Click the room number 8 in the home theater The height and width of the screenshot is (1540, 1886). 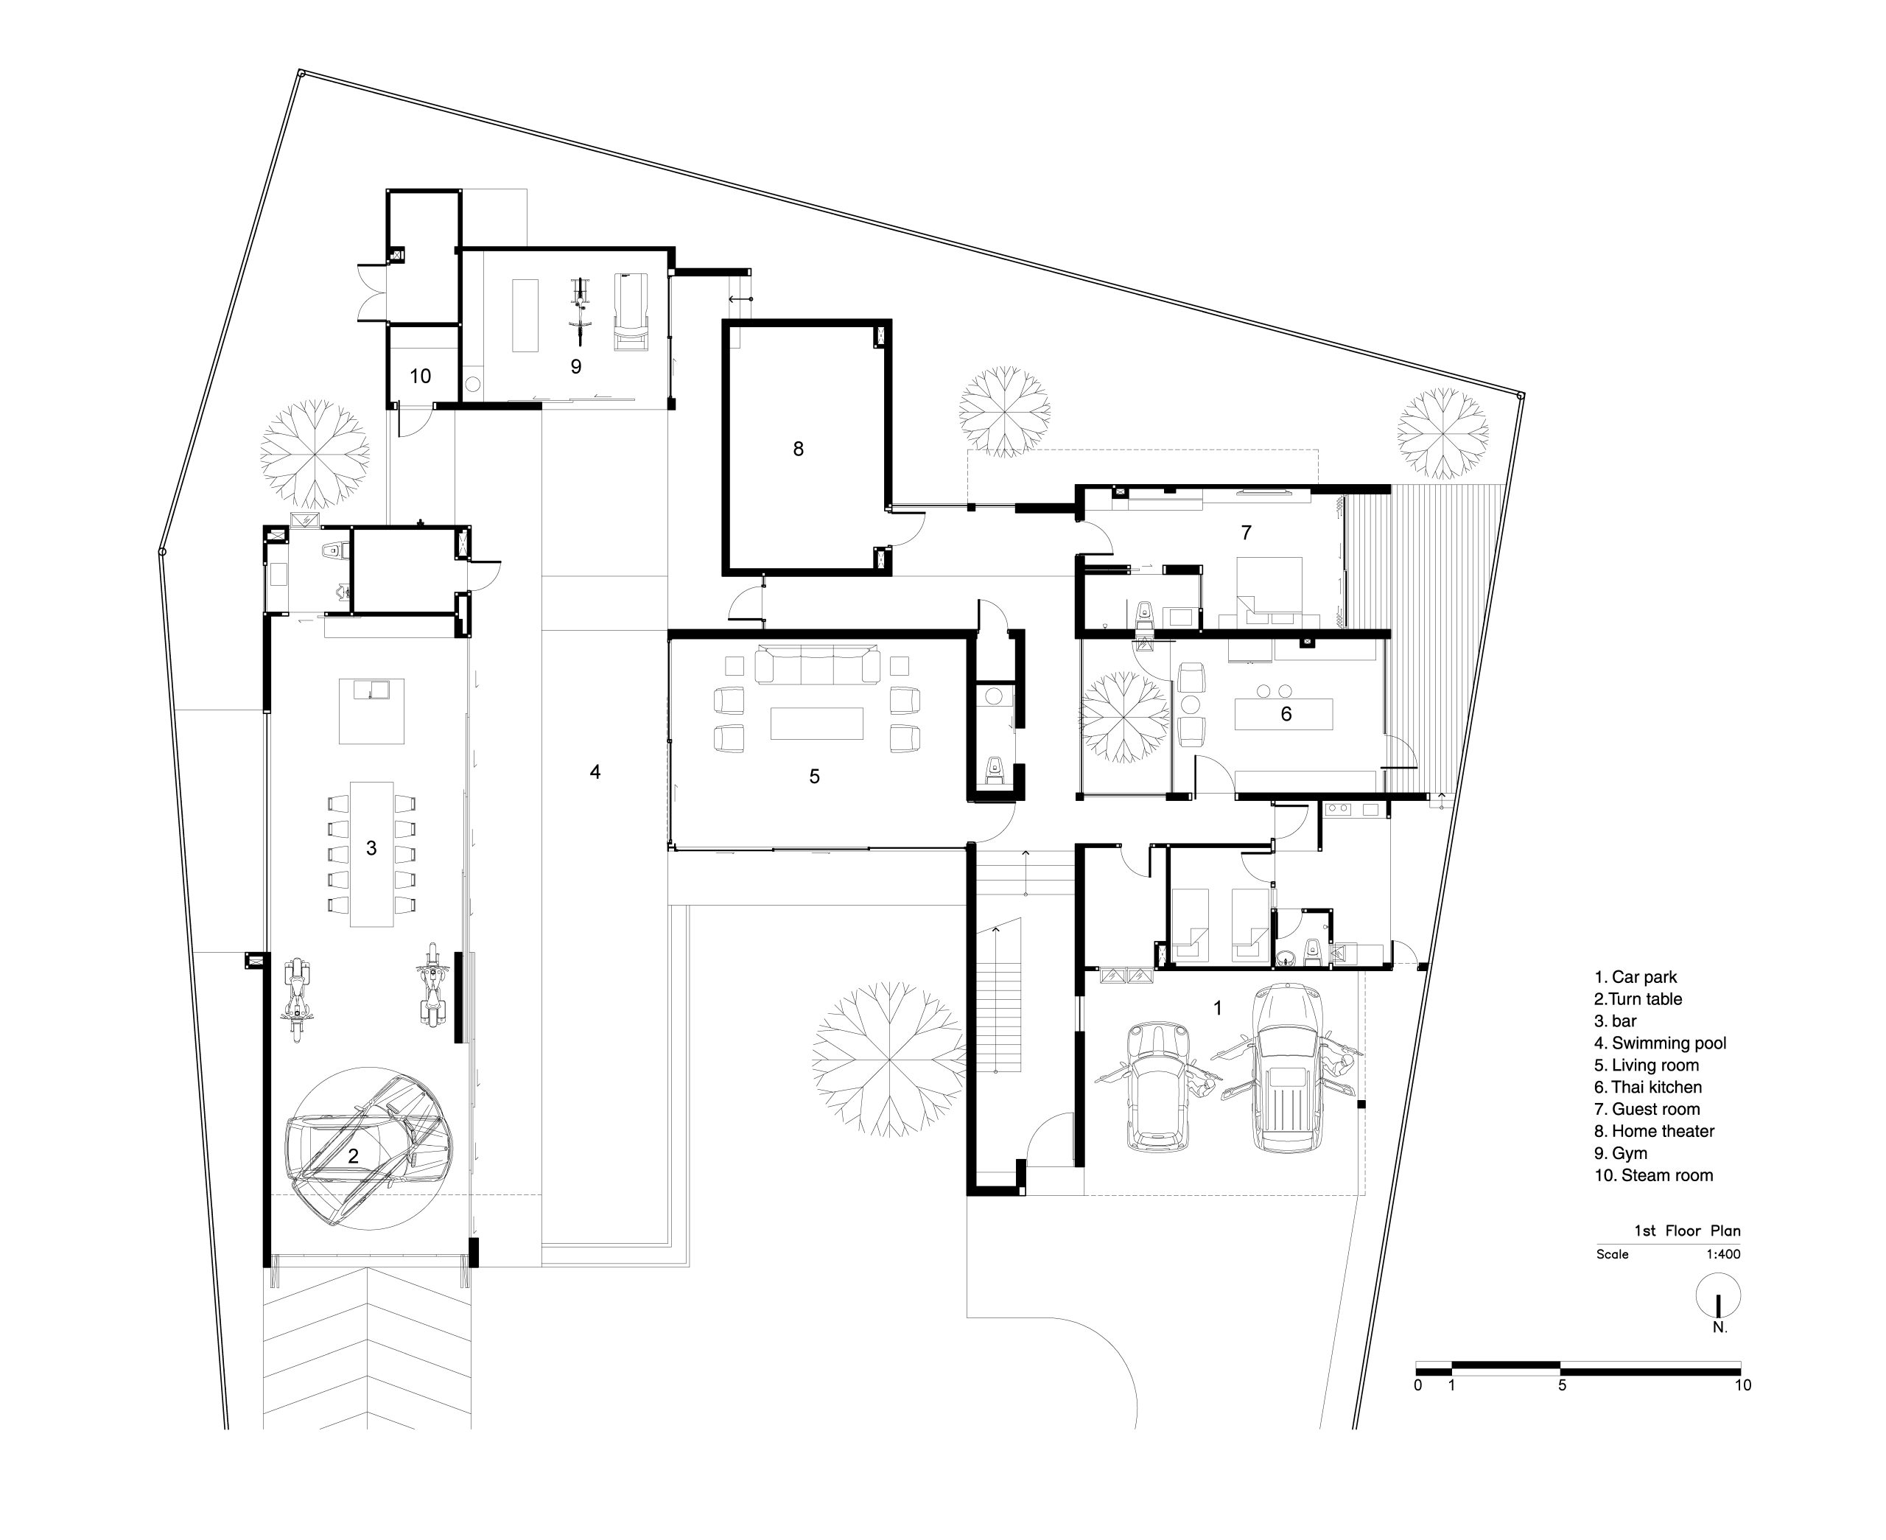(798, 449)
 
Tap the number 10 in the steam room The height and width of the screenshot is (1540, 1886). (420, 376)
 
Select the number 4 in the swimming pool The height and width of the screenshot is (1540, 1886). (595, 771)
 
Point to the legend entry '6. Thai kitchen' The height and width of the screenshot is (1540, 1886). (1647, 1088)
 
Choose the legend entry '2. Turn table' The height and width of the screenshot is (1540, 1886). (1638, 999)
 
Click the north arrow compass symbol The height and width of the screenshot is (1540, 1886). (1719, 1296)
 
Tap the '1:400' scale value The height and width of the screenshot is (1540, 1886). (1723, 1254)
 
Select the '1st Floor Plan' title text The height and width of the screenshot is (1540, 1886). (1687, 1231)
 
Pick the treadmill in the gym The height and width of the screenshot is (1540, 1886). (631, 312)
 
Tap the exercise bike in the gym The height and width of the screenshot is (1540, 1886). (580, 310)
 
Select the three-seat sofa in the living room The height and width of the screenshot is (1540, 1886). (818, 665)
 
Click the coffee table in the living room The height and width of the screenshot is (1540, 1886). (816, 723)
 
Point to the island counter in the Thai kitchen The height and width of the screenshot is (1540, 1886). (1284, 713)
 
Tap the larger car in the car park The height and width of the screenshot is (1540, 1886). (1286, 1068)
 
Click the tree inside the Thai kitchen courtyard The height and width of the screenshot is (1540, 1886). (1124, 718)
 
